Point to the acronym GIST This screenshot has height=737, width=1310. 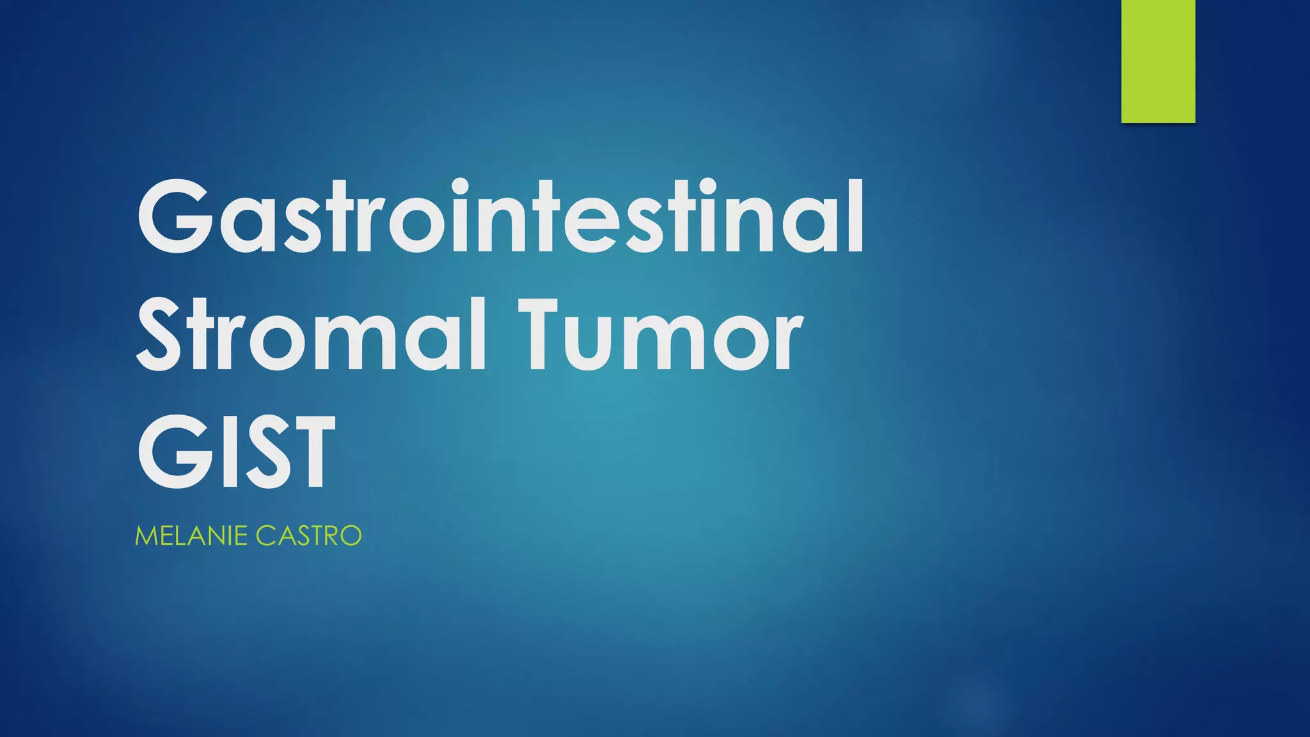236,450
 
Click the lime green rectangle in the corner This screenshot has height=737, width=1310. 1158,61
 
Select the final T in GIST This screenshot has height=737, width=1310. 306,450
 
